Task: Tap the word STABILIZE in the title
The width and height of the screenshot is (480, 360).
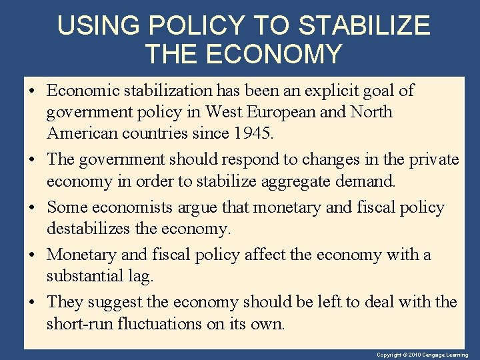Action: [x=364, y=26]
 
